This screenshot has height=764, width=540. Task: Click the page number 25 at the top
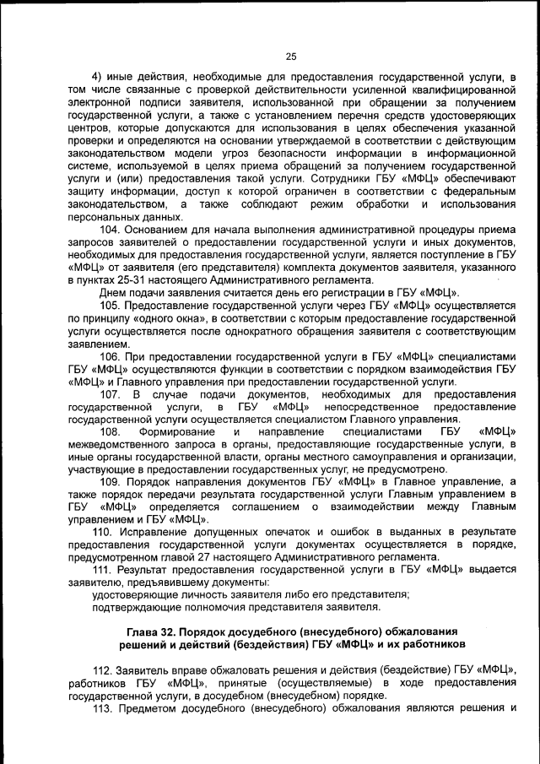coord(291,57)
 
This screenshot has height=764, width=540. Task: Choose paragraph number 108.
coord(111,432)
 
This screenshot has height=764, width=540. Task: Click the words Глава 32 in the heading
coord(154,631)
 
